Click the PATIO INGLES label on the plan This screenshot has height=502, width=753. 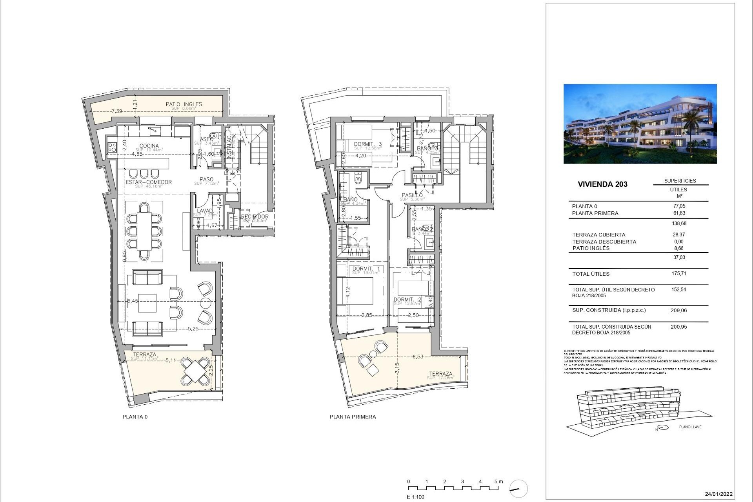click(184, 104)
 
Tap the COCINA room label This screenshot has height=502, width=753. click(149, 146)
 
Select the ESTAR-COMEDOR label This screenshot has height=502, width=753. click(149, 182)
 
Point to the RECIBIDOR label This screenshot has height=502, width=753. click(255, 216)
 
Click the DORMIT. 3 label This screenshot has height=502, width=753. click(367, 144)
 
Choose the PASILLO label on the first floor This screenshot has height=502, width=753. click(412, 195)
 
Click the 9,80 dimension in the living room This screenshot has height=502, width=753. click(124, 256)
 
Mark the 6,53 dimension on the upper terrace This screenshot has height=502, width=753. click(418, 356)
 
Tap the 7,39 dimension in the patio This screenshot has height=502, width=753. click(116, 111)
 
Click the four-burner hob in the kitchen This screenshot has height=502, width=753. click(112, 147)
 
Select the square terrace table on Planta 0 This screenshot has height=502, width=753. click(195, 371)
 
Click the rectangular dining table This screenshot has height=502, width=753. click(144, 231)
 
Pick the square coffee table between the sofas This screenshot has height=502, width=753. click(147, 303)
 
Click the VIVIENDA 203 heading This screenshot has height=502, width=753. click(602, 184)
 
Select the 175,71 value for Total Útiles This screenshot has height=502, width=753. click(678, 274)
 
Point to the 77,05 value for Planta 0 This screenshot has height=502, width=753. click(678, 206)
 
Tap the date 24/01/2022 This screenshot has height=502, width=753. click(718, 494)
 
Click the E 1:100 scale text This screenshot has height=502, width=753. click(415, 497)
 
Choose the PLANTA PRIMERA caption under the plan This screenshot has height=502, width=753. click(353, 417)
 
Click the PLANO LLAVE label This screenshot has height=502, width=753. click(690, 427)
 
